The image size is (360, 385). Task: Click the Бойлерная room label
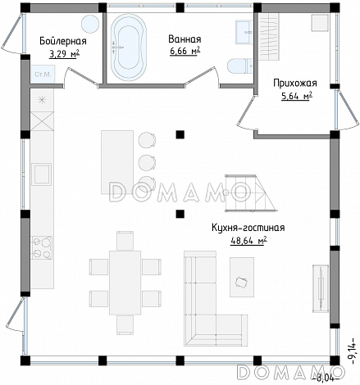(63, 41)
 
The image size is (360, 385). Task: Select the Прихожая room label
(295, 83)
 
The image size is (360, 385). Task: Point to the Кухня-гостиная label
(248, 228)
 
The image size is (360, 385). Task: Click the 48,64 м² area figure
(248, 241)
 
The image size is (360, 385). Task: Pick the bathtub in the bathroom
(129, 48)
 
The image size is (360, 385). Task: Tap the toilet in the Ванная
(240, 66)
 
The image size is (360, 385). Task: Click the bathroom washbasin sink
(244, 32)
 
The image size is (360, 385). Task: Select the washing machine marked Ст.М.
(43, 74)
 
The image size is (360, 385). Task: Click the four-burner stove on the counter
(42, 247)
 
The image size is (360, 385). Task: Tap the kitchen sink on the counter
(41, 174)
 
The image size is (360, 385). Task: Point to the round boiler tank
(90, 24)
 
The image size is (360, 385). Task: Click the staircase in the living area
(251, 193)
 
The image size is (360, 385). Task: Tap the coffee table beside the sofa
(242, 277)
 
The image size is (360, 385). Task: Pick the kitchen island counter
(117, 162)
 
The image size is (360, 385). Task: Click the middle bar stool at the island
(147, 163)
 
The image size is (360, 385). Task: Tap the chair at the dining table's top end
(125, 241)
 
